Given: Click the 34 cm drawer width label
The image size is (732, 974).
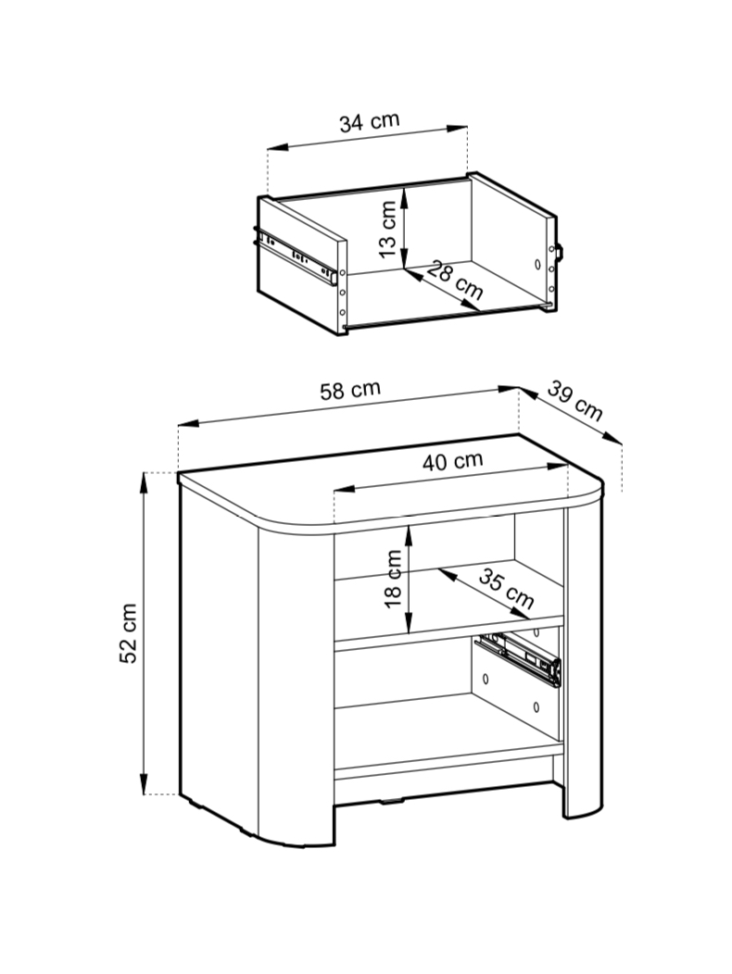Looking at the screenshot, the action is [369, 121].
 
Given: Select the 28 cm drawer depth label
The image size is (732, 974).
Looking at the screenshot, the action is [455, 281].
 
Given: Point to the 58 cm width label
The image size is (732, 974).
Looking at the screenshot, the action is [349, 390].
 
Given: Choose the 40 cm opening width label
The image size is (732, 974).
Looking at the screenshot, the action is [452, 461].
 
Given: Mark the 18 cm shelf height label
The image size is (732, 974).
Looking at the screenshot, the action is [393, 579].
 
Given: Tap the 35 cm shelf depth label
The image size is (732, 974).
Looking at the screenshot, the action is [506, 590].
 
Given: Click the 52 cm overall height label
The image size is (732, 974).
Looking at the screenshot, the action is [128, 633].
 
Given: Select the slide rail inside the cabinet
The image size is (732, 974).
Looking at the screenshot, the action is [518, 659].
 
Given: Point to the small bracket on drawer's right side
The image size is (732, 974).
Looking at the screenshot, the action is [559, 253].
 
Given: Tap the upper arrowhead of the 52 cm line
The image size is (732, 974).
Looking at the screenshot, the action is [144, 482].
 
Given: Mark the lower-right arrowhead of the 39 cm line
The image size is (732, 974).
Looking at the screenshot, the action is [612, 439].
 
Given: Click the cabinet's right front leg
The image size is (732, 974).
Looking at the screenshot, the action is [583, 658].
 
